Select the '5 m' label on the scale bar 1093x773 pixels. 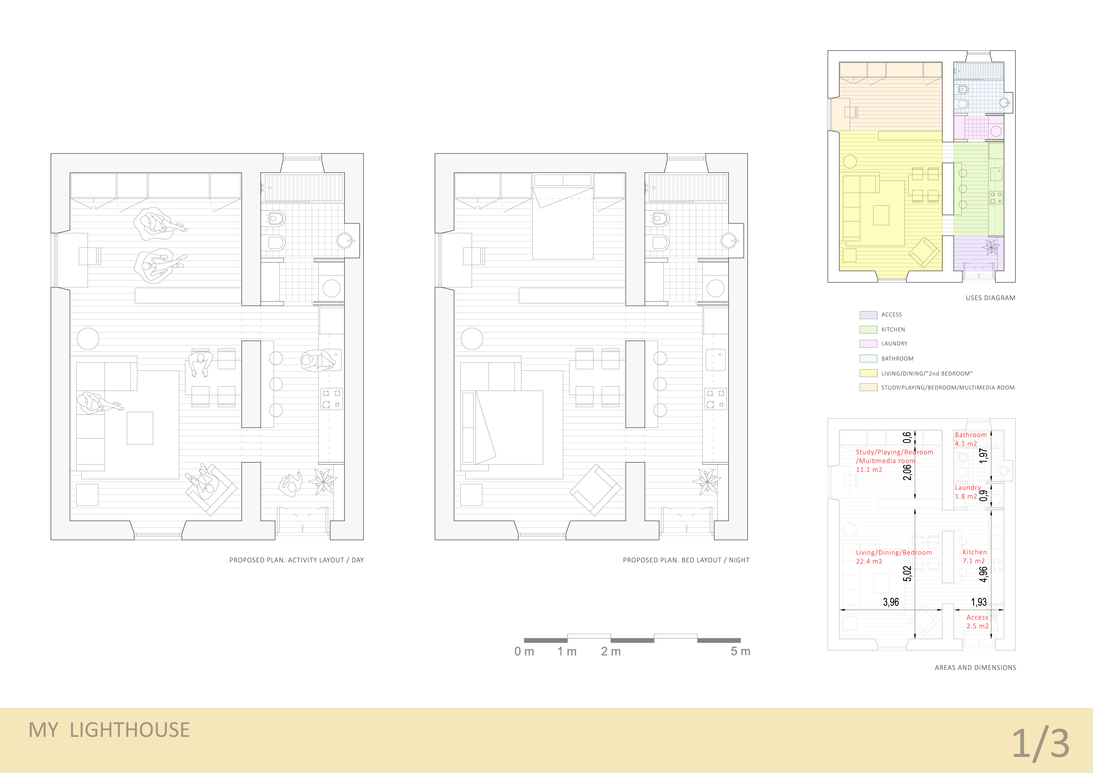pos(740,651)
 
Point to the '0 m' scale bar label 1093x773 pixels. pos(524,651)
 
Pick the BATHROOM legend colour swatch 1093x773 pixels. pos(868,359)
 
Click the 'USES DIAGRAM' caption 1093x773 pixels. pos(990,298)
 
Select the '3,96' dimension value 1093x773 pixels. pos(891,602)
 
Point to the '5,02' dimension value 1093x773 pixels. pos(907,574)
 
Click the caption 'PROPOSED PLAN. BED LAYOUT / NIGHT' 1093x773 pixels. pos(686,560)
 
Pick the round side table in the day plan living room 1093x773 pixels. pos(88,339)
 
